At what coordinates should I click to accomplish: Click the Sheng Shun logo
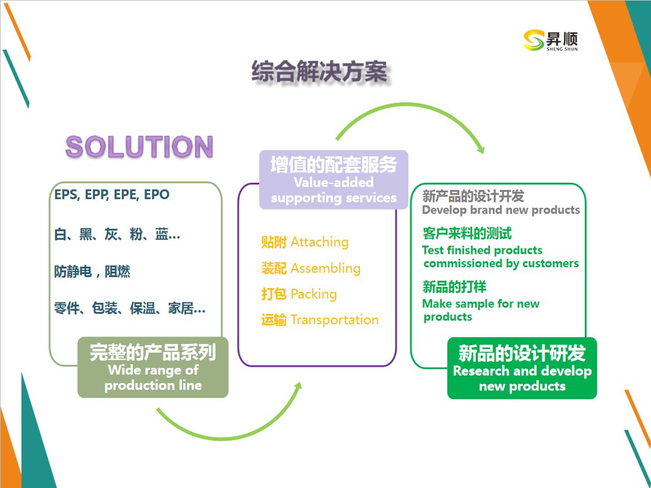(551, 40)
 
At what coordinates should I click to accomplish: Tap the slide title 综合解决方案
(319, 72)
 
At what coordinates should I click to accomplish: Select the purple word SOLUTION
(139, 147)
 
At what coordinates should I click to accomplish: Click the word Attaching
(319, 242)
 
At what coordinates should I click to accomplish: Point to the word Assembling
(325, 268)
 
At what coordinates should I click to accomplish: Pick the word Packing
(314, 294)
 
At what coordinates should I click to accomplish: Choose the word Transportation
(334, 319)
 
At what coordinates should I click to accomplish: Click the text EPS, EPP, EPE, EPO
(112, 194)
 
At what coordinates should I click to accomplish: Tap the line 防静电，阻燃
(92, 272)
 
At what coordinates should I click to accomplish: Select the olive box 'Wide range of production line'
(152, 367)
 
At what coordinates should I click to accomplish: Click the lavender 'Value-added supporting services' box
(334, 180)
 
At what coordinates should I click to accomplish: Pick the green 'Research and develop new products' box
(522, 368)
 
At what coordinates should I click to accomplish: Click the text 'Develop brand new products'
(501, 210)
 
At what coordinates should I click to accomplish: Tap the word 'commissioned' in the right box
(463, 264)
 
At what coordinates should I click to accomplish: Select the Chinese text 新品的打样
(454, 287)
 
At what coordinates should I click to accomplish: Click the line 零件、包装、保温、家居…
(130, 308)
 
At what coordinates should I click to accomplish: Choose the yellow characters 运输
(274, 319)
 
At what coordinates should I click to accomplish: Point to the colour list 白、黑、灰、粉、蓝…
(117, 234)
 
